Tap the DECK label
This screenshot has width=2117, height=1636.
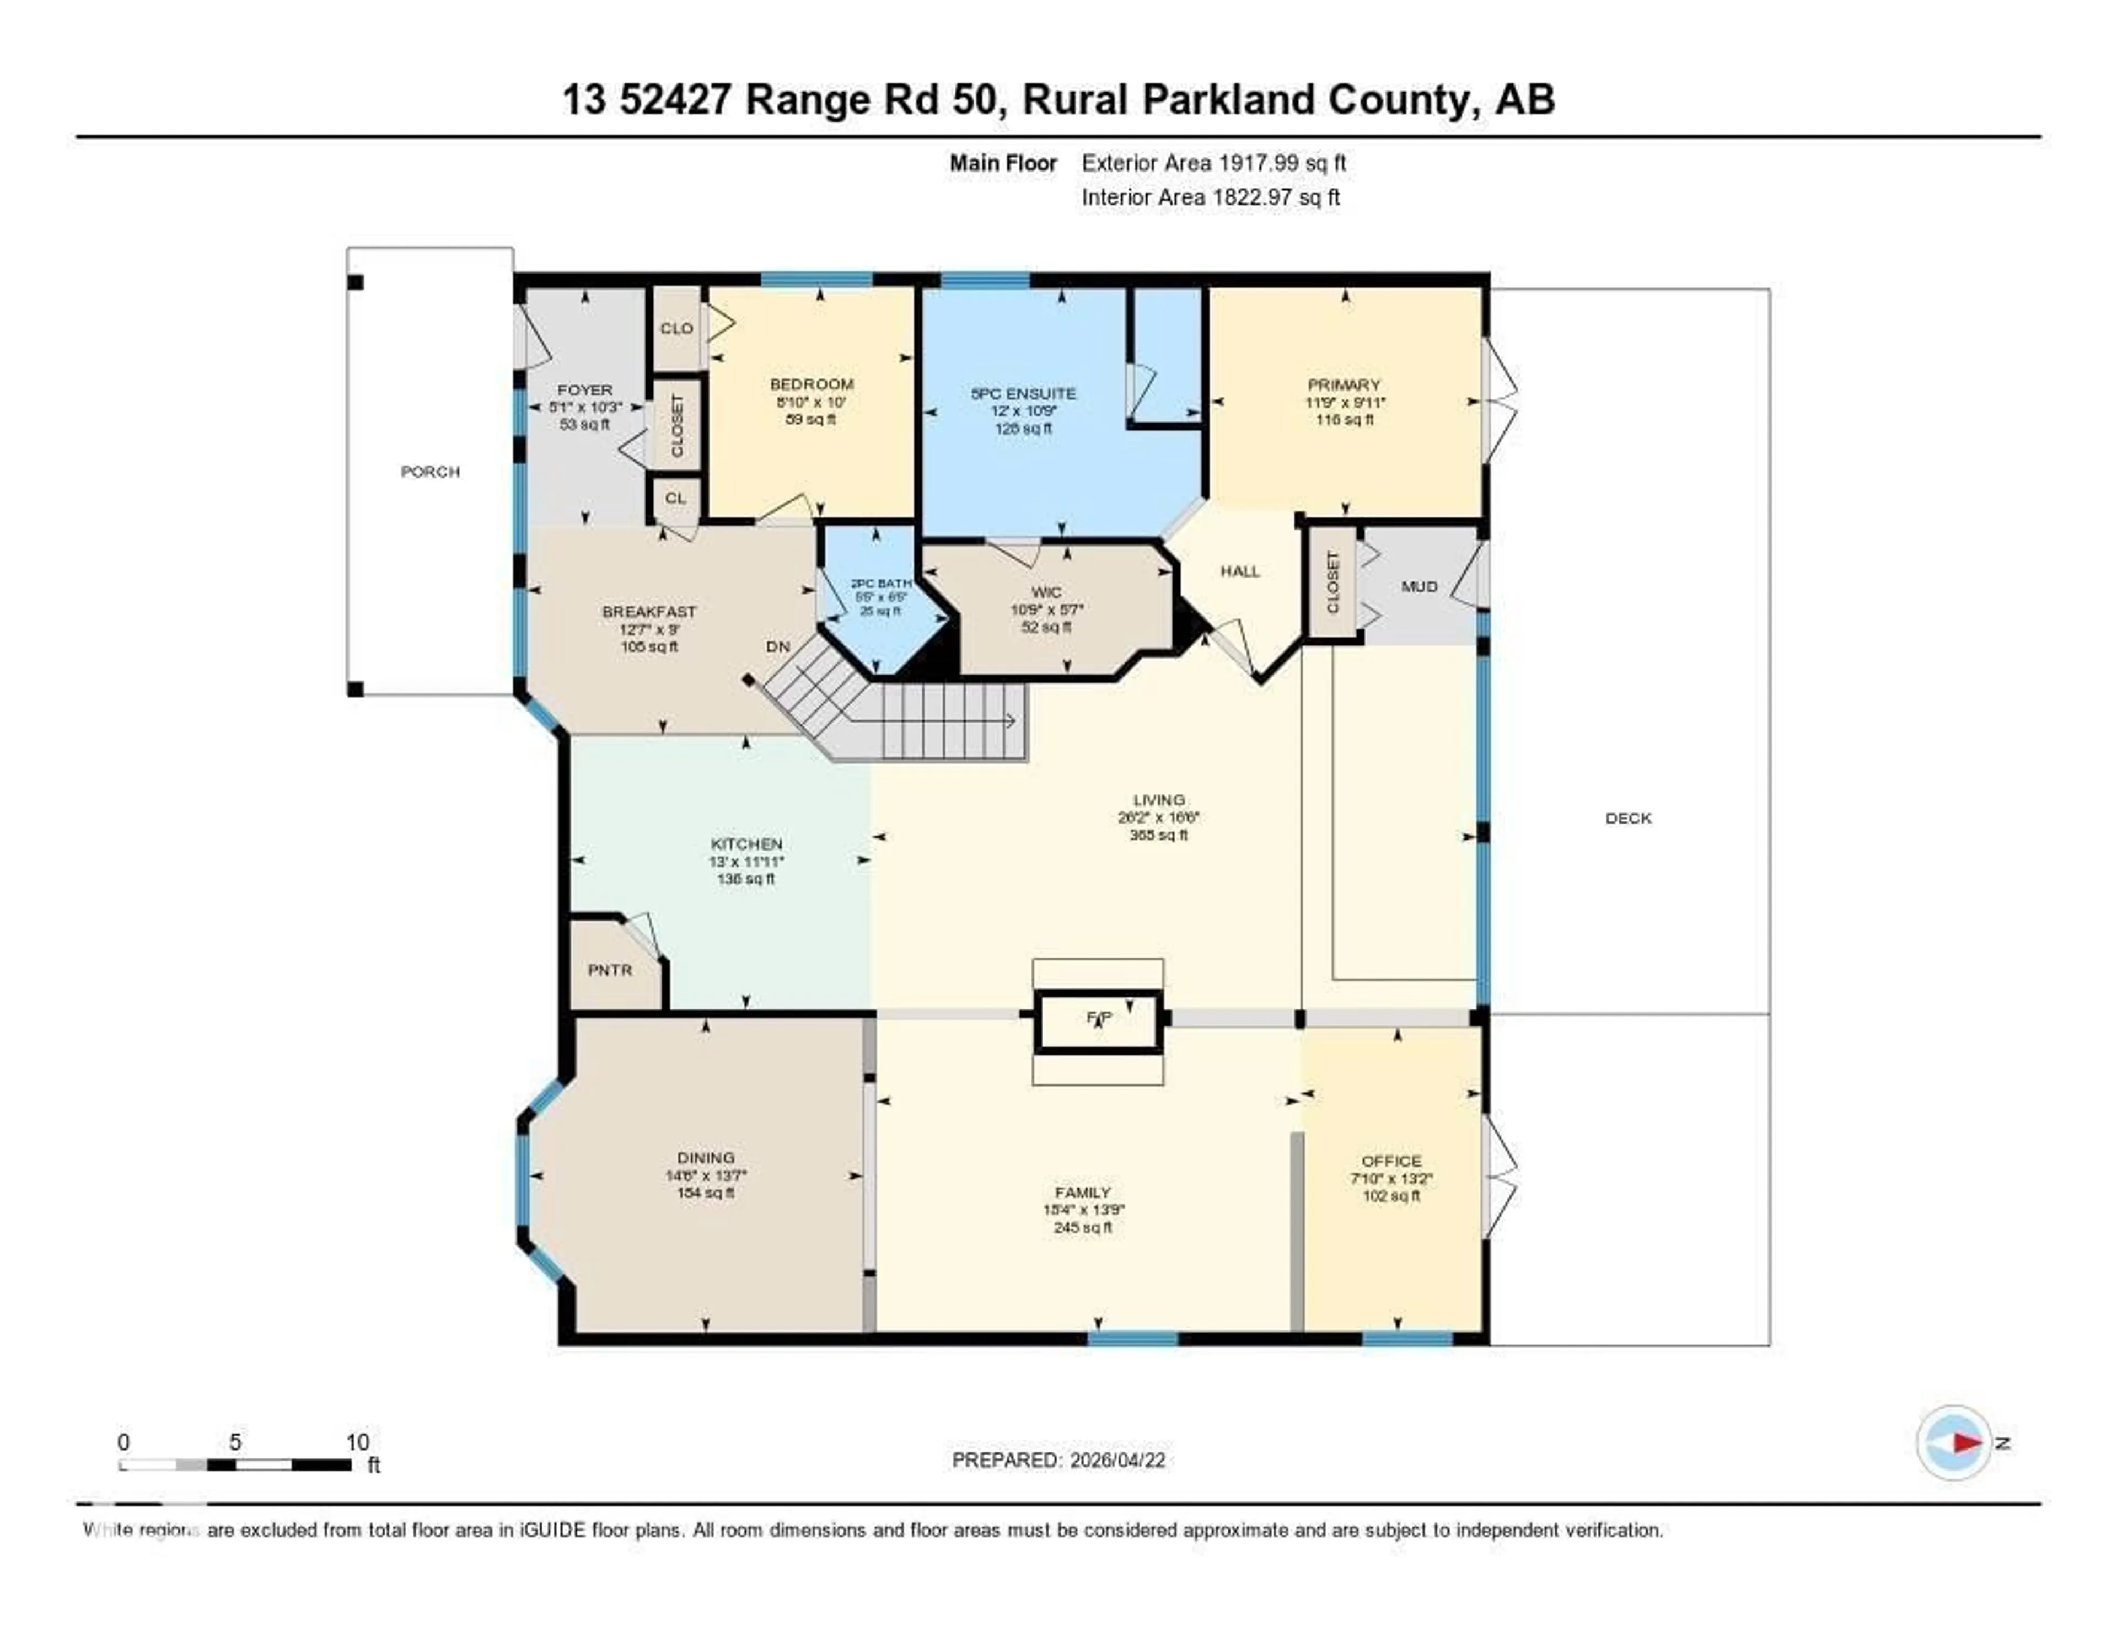(x=1627, y=817)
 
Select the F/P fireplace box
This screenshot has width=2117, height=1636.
(x=1097, y=1019)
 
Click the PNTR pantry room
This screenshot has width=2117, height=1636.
(x=610, y=970)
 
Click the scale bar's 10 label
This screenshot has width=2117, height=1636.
(x=358, y=1442)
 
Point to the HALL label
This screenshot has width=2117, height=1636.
(x=1240, y=571)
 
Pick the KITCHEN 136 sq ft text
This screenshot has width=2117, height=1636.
(x=745, y=879)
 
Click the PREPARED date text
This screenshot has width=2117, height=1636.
(x=1058, y=1459)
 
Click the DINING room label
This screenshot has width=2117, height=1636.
(x=706, y=1157)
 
